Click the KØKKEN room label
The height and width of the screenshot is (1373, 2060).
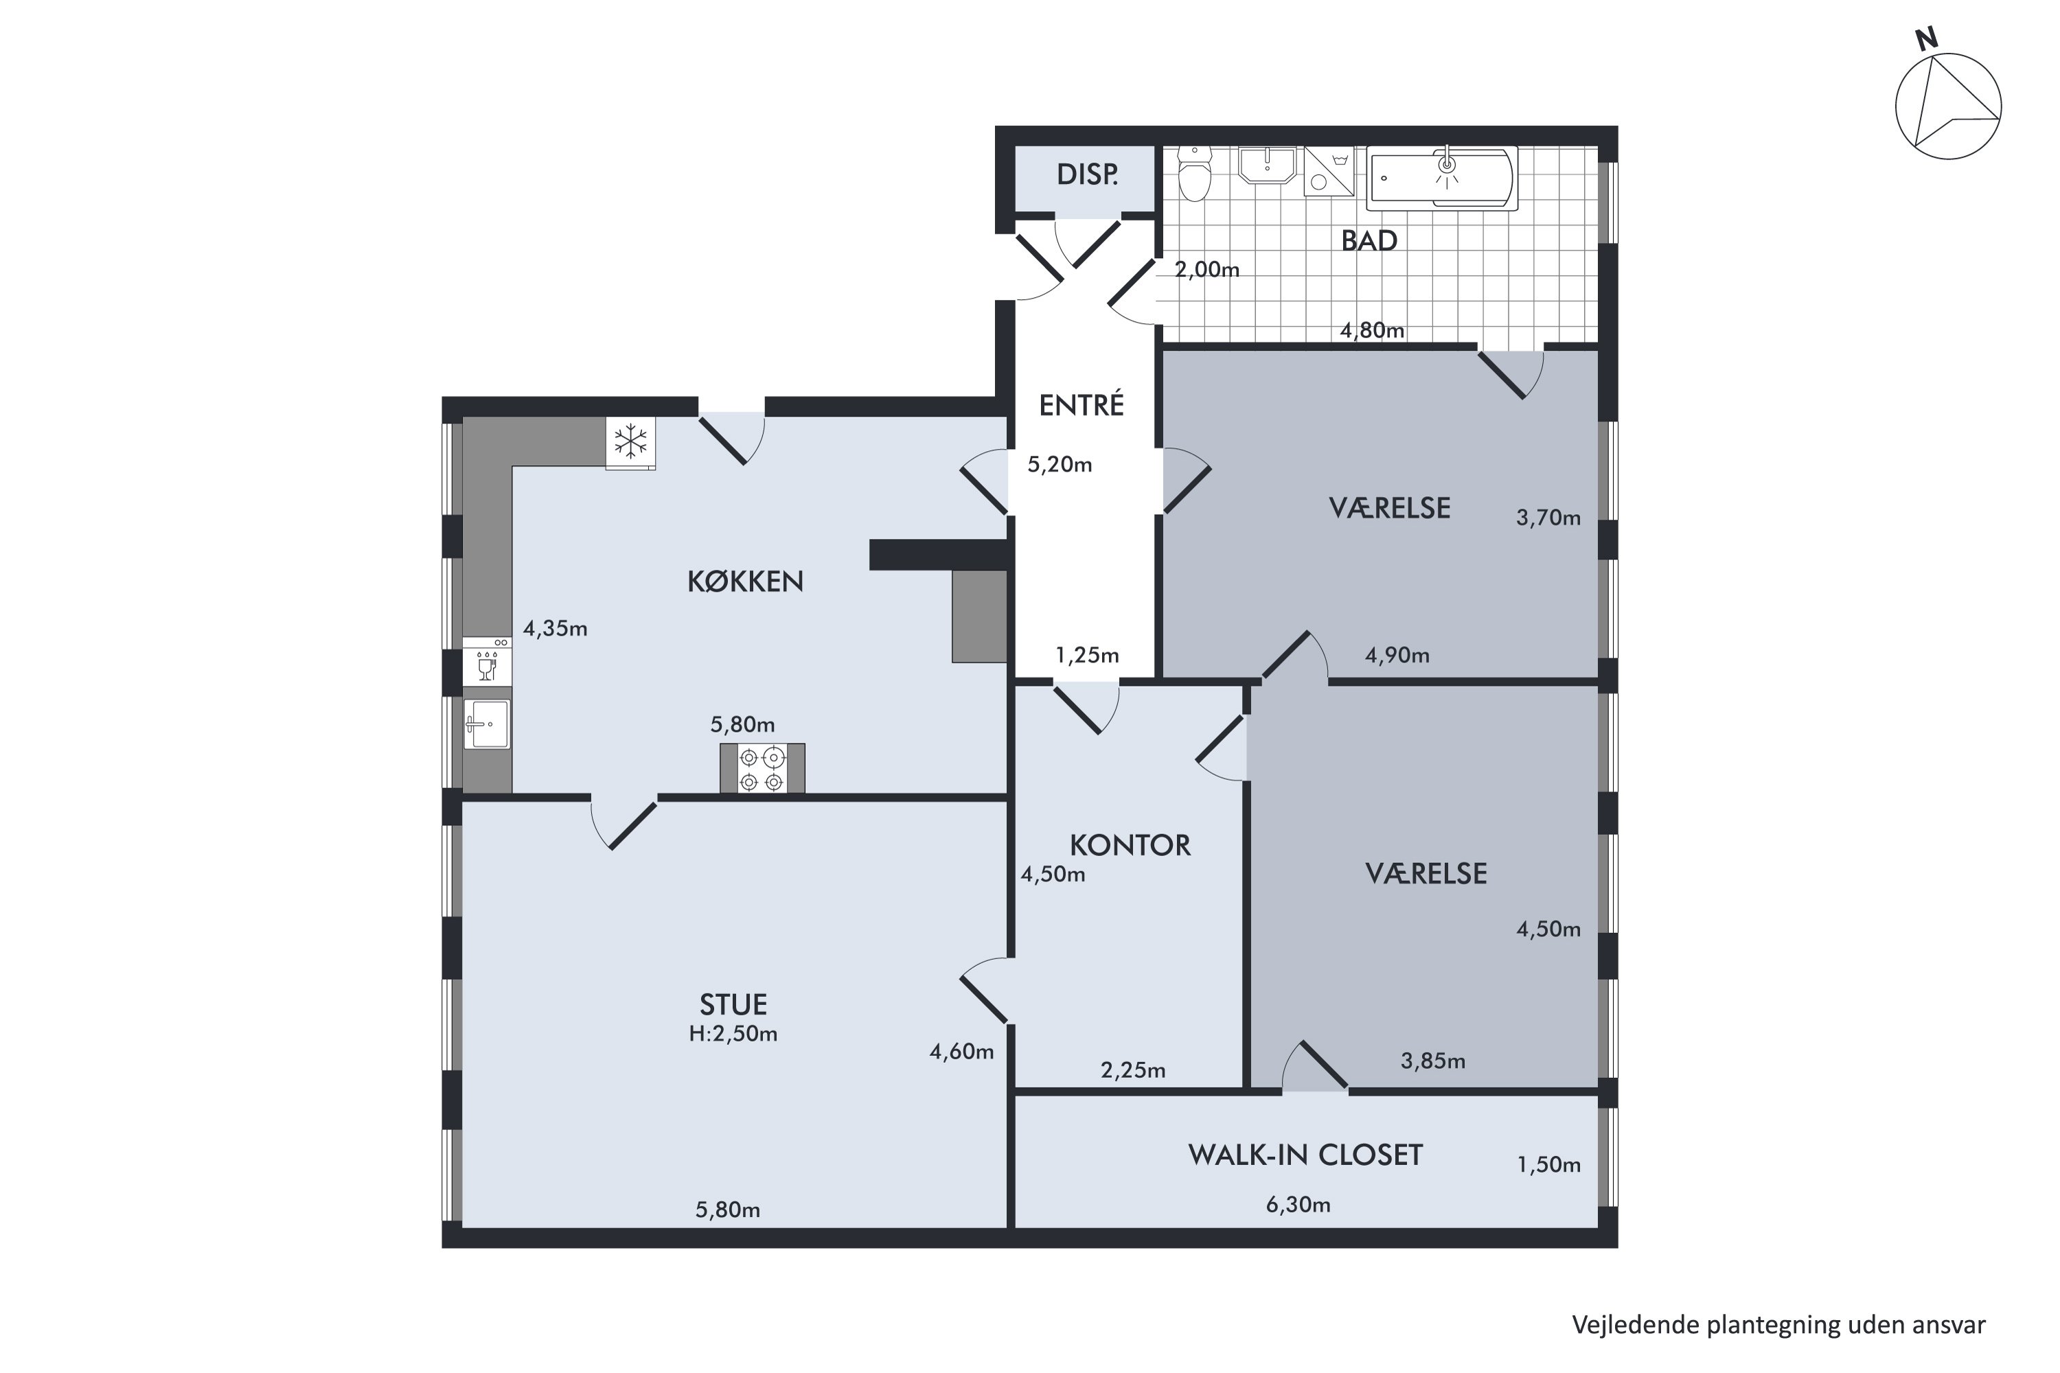tap(744, 581)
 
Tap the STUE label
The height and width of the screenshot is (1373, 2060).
tap(733, 1004)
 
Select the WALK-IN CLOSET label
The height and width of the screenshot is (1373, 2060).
tap(1305, 1155)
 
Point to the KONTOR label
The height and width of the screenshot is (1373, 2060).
tap(1130, 845)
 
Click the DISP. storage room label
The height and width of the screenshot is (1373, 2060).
tap(1087, 174)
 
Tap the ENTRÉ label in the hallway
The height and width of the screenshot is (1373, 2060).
tap(1081, 404)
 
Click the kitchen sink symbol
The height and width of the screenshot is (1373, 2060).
tap(486, 724)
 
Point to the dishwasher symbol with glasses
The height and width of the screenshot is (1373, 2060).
tap(487, 661)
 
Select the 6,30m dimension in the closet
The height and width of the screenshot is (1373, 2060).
tap(1298, 1205)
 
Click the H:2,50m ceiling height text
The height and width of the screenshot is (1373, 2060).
tap(733, 1034)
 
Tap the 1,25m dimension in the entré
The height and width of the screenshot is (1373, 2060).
tap(1087, 655)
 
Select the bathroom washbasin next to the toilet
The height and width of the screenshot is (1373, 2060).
tap(1266, 165)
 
